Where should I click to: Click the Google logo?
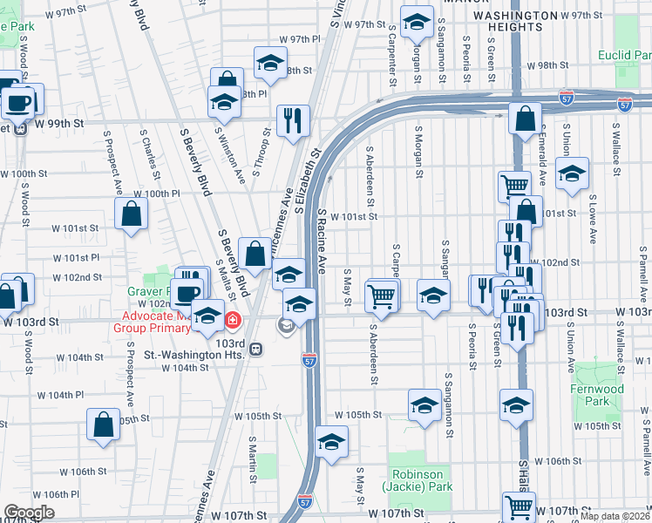point(29,513)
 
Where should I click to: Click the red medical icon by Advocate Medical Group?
point(233,320)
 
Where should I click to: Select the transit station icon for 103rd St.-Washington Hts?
point(255,350)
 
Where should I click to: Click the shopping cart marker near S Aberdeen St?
point(382,295)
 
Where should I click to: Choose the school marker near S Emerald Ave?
point(572,173)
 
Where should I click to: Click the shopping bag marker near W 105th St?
point(104,425)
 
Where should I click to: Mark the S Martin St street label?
point(252,460)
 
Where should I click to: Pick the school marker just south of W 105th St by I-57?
point(332,441)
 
